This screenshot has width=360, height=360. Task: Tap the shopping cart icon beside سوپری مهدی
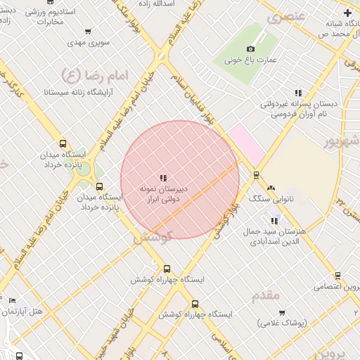(x=88, y=32)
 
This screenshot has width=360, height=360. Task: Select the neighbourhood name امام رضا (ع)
(x=90, y=75)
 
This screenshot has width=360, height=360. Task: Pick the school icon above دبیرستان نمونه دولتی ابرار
(x=163, y=178)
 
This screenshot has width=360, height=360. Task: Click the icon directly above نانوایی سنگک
(x=271, y=188)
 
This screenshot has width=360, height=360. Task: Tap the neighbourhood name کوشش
(x=152, y=238)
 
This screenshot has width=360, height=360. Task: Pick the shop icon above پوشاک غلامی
(x=283, y=312)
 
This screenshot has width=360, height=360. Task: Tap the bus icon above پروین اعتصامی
(x=339, y=276)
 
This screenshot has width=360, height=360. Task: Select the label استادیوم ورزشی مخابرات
(x=56, y=18)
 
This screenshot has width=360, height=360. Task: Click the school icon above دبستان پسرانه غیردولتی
(x=298, y=92)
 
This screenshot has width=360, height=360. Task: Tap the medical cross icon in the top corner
(x=347, y=13)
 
